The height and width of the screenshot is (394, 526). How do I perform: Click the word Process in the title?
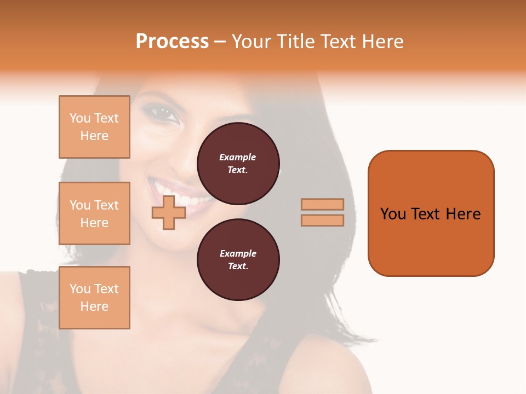coord(172,42)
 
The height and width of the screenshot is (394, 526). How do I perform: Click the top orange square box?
coord(94,127)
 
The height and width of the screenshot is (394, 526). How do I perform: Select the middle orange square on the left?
coord(94,213)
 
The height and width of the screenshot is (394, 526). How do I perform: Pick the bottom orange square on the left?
coord(94,298)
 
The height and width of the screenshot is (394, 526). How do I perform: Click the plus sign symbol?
coord(169,212)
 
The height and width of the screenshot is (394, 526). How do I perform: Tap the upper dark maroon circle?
coord(238,163)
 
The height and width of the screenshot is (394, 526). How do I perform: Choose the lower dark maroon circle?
coord(238,259)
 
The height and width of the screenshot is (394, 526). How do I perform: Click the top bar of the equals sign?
coord(322,204)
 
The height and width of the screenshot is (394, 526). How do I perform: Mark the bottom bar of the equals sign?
coord(322,220)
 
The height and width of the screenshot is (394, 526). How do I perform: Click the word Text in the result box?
coord(426,214)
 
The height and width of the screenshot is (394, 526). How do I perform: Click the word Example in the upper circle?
coord(238,157)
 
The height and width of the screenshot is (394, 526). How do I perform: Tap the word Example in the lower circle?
coord(238,253)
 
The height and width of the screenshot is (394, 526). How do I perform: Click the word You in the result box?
coord(393,214)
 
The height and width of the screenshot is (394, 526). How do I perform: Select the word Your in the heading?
coord(251,42)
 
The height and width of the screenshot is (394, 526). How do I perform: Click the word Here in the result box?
coord(463,214)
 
